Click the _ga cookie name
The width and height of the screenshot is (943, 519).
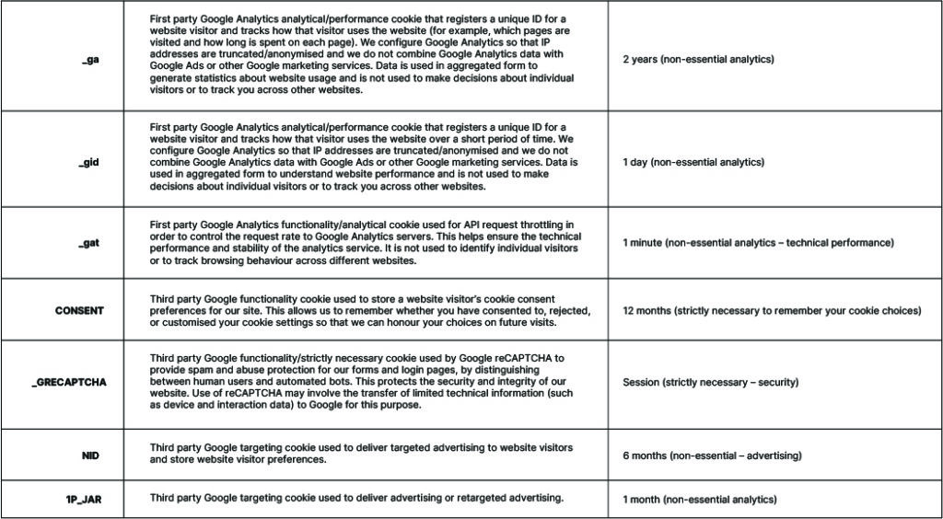(x=91, y=60)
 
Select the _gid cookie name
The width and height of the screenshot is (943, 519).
(x=89, y=162)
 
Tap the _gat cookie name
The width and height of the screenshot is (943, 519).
(x=89, y=243)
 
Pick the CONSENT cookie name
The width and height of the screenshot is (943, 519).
(x=79, y=311)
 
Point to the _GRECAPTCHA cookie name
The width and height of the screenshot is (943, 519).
(x=69, y=382)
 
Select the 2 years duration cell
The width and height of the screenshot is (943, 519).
(x=698, y=60)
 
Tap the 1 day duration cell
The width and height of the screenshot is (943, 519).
(x=693, y=162)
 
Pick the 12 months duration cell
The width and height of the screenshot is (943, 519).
(x=771, y=311)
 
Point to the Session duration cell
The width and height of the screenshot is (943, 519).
(x=710, y=382)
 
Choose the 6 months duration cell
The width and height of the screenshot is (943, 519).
(x=712, y=456)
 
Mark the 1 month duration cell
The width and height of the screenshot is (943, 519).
(x=699, y=500)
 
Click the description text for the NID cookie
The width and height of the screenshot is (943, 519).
(x=361, y=453)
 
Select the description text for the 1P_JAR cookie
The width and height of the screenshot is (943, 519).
(x=356, y=498)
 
